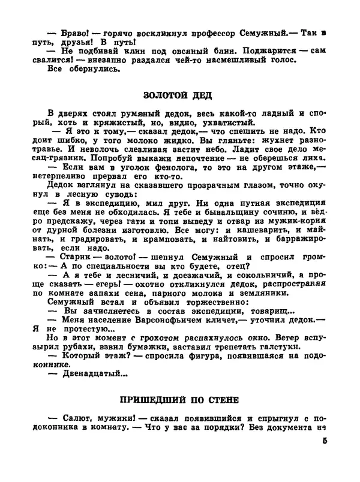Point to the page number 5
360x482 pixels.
(x=325, y=443)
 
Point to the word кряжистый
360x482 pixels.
(x=125, y=124)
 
